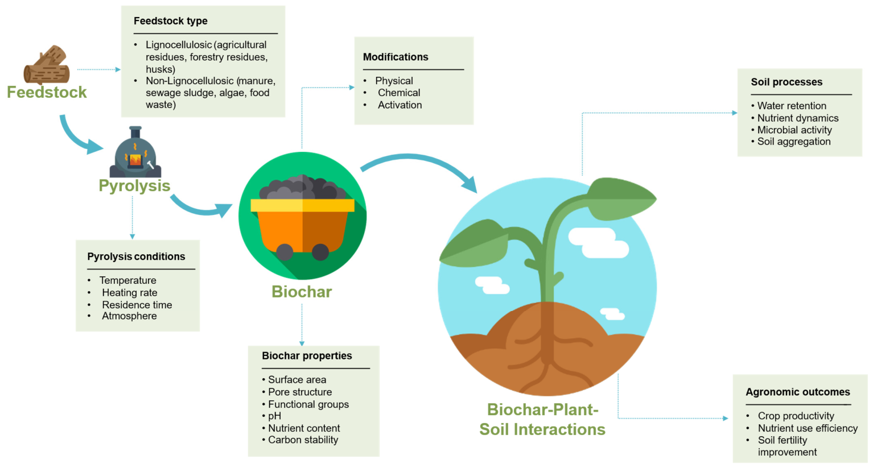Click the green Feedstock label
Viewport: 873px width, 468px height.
click(47, 92)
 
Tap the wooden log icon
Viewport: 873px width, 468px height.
click(47, 65)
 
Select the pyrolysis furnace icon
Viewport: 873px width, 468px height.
click(135, 152)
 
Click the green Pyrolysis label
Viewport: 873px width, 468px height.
click(134, 186)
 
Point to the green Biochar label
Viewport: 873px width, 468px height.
click(302, 292)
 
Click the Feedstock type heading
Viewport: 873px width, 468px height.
click(171, 21)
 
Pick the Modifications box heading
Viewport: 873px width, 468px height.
click(396, 57)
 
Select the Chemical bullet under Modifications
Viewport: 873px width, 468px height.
click(399, 93)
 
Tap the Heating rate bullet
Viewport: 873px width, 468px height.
click(130, 292)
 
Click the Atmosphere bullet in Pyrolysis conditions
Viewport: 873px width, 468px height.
click(129, 316)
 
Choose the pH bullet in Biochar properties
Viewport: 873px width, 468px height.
click(274, 416)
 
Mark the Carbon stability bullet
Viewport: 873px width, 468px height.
click(303, 440)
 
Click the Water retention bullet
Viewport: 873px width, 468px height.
click(792, 106)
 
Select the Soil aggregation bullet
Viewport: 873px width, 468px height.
click(794, 142)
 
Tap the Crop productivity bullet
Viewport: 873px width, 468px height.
click(796, 416)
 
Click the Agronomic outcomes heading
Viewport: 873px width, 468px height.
click(798, 392)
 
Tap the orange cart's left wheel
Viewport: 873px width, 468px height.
click(285, 252)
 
